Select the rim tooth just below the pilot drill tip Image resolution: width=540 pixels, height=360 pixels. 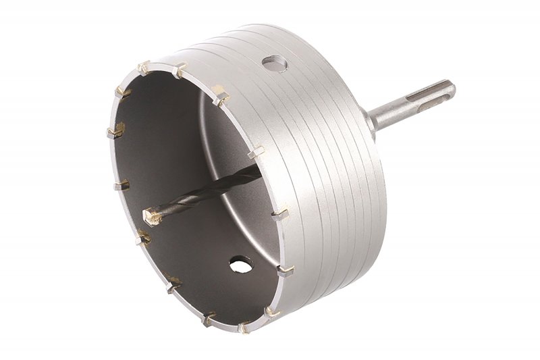click(144, 237)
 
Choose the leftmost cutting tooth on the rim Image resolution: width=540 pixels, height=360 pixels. click(115, 129)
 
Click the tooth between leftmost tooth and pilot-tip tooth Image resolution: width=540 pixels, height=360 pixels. click(122, 183)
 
